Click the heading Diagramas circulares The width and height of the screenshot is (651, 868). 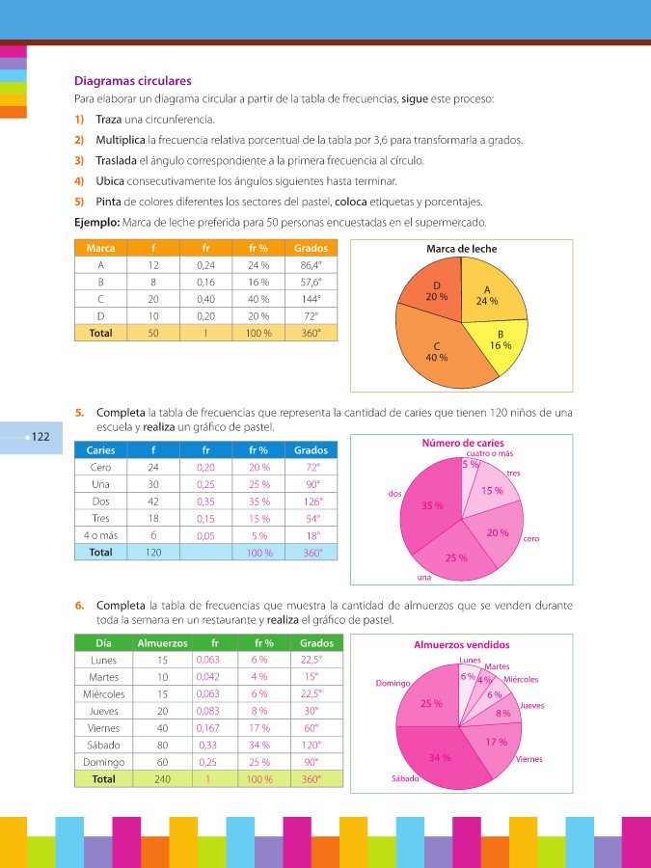click(x=133, y=81)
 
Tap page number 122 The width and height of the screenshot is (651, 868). click(x=41, y=437)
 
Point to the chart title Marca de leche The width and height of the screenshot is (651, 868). click(x=462, y=249)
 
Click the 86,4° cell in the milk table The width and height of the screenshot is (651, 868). click(x=311, y=264)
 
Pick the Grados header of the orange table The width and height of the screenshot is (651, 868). click(x=311, y=248)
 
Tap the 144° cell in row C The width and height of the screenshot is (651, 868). click(x=311, y=299)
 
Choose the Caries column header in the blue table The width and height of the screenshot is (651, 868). click(x=100, y=450)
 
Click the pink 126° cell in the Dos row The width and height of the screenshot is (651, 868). click(x=311, y=502)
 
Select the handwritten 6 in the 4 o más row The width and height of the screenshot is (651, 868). click(x=153, y=535)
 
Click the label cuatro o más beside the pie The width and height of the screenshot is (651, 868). click(x=489, y=453)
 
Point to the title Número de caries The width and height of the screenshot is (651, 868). click(x=463, y=443)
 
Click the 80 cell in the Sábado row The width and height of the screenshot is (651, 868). click(x=161, y=745)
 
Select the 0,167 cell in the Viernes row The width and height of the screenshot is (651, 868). click(x=207, y=728)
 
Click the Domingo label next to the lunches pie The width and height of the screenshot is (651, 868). click(x=394, y=683)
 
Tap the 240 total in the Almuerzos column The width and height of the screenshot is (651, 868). click(x=161, y=779)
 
